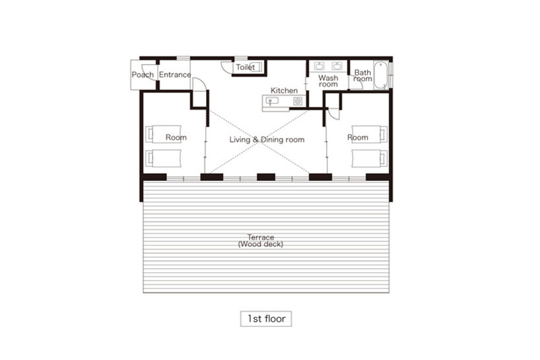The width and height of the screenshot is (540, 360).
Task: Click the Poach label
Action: point(143,75)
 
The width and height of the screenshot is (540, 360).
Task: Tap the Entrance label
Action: point(174,75)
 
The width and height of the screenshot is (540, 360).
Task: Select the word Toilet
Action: point(245,67)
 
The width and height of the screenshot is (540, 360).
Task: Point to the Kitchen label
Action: point(284,90)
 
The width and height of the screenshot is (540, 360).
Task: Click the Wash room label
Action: point(328,81)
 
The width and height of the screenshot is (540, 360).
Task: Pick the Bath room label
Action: point(362,75)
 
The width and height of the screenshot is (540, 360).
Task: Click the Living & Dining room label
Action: point(267,139)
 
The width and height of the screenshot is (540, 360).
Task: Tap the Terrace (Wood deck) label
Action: point(261,241)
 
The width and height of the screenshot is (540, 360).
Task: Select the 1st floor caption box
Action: point(266,318)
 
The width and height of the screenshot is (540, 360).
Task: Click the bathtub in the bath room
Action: point(382,75)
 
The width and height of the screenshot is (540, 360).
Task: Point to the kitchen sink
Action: point(272,101)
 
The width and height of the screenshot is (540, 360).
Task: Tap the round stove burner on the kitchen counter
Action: point(298,101)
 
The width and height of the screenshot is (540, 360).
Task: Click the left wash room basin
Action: point(320,66)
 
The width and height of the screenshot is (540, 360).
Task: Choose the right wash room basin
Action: point(337,66)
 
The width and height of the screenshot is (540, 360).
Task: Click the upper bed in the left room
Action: point(163,134)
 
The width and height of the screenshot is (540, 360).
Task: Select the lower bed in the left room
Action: point(163,158)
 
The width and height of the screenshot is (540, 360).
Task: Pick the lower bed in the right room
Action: point(370,158)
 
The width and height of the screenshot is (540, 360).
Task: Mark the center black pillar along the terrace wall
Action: point(266,177)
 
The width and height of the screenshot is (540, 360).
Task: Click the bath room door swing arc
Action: point(354,84)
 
